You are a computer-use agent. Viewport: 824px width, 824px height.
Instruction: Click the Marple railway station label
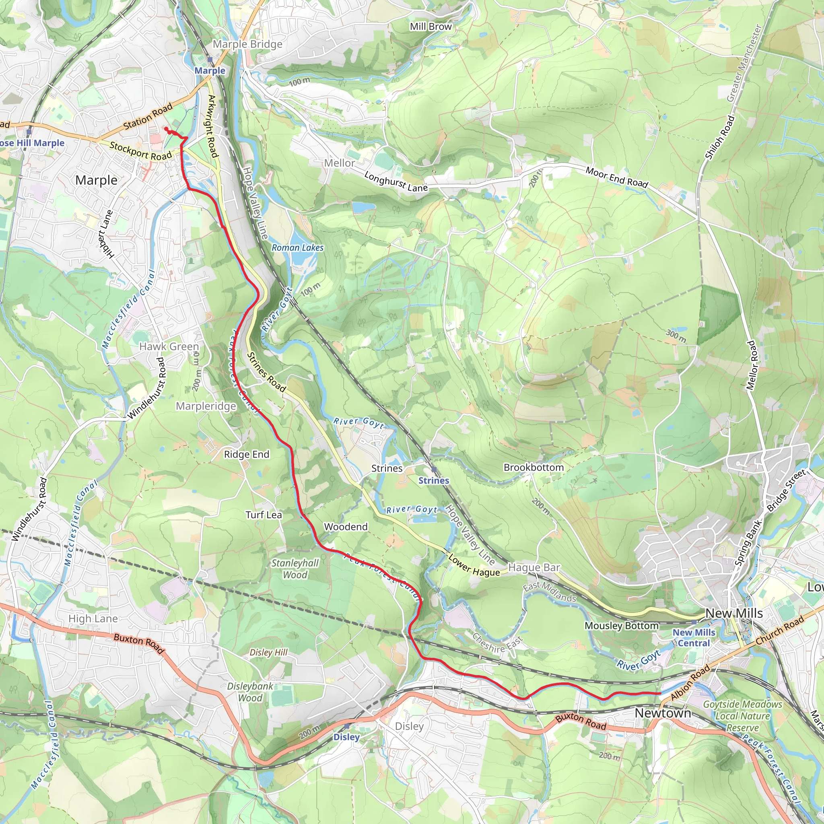coord(210,71)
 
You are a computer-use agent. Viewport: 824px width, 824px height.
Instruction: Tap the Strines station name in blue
coord(433,481)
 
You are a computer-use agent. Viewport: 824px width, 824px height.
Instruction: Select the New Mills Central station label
coord(694,638)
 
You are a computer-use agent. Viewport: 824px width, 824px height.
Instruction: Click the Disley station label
coord(346,737)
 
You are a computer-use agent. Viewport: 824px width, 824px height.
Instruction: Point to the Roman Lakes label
coord(297,248)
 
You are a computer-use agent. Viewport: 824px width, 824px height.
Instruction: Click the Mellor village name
coord(339,163)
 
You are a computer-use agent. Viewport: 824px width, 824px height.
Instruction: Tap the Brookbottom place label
coord(534,468)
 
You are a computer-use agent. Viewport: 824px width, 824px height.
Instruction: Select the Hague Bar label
coord(534,568)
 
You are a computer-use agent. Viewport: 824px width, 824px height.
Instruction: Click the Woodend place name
coord(346,527)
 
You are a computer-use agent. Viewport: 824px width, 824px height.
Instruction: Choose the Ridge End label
coord(247,454)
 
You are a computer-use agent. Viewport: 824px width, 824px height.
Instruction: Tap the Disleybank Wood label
coord(250,692)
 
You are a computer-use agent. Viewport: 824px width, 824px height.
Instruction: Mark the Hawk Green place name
coord(169,346)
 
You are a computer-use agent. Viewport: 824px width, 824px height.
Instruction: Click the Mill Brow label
coord(431,27)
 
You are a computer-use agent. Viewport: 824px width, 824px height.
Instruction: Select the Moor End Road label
coord(616,177)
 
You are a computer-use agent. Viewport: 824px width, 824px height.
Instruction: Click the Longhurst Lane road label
coord(396,182)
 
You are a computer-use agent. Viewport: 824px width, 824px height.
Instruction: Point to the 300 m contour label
coord(676,336)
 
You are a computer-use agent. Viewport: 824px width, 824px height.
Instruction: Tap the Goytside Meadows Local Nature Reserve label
coord(743,716)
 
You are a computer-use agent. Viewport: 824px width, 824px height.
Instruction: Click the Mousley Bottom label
coord(621,626)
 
